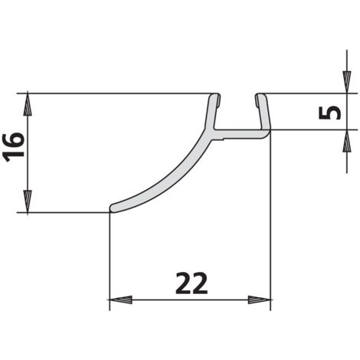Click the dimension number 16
pyautogui.click(x=15, y=147)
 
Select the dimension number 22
pyautogui.click(x=191, y=283)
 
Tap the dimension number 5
pyautogui.click(x=330, y=113)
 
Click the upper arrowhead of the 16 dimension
pyautogui.click(x=28, y=105)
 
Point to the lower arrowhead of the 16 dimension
pyautogui.click(x=28, y=201)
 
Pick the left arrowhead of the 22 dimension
pyautogui.click(x=120, y=299)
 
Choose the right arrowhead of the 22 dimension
pyautogui.click(x=259, y=299)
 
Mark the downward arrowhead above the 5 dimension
pyautogui.click(x=346, y=82)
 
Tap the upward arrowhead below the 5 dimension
pyautogui.click(x=346, y=141)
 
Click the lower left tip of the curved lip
pyautogui.click(x=112, y=209)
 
